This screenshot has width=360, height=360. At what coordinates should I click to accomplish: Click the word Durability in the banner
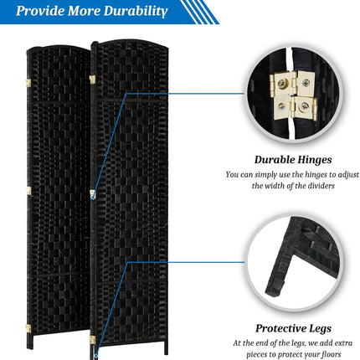point(136,12)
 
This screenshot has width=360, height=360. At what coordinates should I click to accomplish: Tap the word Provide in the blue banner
point(40,11)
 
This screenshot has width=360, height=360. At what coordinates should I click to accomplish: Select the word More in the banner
point(84,11)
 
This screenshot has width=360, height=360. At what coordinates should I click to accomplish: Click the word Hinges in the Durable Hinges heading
point(314,160)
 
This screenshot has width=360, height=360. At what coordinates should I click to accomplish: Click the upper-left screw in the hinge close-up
point(282,83)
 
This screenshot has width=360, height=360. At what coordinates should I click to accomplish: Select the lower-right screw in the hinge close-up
point(302,107)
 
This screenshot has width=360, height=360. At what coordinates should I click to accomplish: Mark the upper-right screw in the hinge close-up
point(306,82)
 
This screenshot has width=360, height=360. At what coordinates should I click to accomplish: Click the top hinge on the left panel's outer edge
point(28,82)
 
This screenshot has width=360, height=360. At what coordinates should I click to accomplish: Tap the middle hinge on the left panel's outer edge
point(28,191)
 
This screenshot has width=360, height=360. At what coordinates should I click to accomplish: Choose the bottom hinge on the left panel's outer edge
point(28,328)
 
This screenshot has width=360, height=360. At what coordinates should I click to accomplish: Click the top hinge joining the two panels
point(92,80)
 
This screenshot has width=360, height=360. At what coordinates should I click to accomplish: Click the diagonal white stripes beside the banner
point(200,12)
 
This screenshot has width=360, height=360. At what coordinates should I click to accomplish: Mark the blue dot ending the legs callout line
point(96,356)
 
